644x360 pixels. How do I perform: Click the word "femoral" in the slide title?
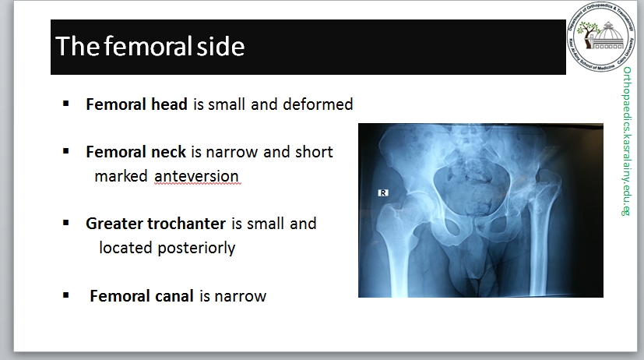[148, 45]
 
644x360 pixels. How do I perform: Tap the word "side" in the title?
[220, 46]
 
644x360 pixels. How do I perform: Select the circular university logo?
[601, 37]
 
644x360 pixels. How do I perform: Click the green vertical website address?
[626, 141]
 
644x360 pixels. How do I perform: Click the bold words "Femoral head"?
[137, 104]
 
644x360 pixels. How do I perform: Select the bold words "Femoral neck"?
[136, 152]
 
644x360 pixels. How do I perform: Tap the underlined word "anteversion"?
[196, 176]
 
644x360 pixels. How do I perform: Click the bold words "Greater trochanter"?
[156, 224]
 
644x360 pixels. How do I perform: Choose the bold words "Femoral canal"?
[142, 296]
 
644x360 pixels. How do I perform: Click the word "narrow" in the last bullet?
[241, 296]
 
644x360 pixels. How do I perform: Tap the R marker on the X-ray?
[383, 192]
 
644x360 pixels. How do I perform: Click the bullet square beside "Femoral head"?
[65, 104]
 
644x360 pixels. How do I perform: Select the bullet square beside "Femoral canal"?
[65, 295]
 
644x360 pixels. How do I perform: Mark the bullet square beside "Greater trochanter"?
[65, 223]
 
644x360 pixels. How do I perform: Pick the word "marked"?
[121, 176]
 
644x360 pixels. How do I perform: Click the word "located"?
[125, 248]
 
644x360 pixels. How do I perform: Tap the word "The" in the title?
[77, 46]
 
